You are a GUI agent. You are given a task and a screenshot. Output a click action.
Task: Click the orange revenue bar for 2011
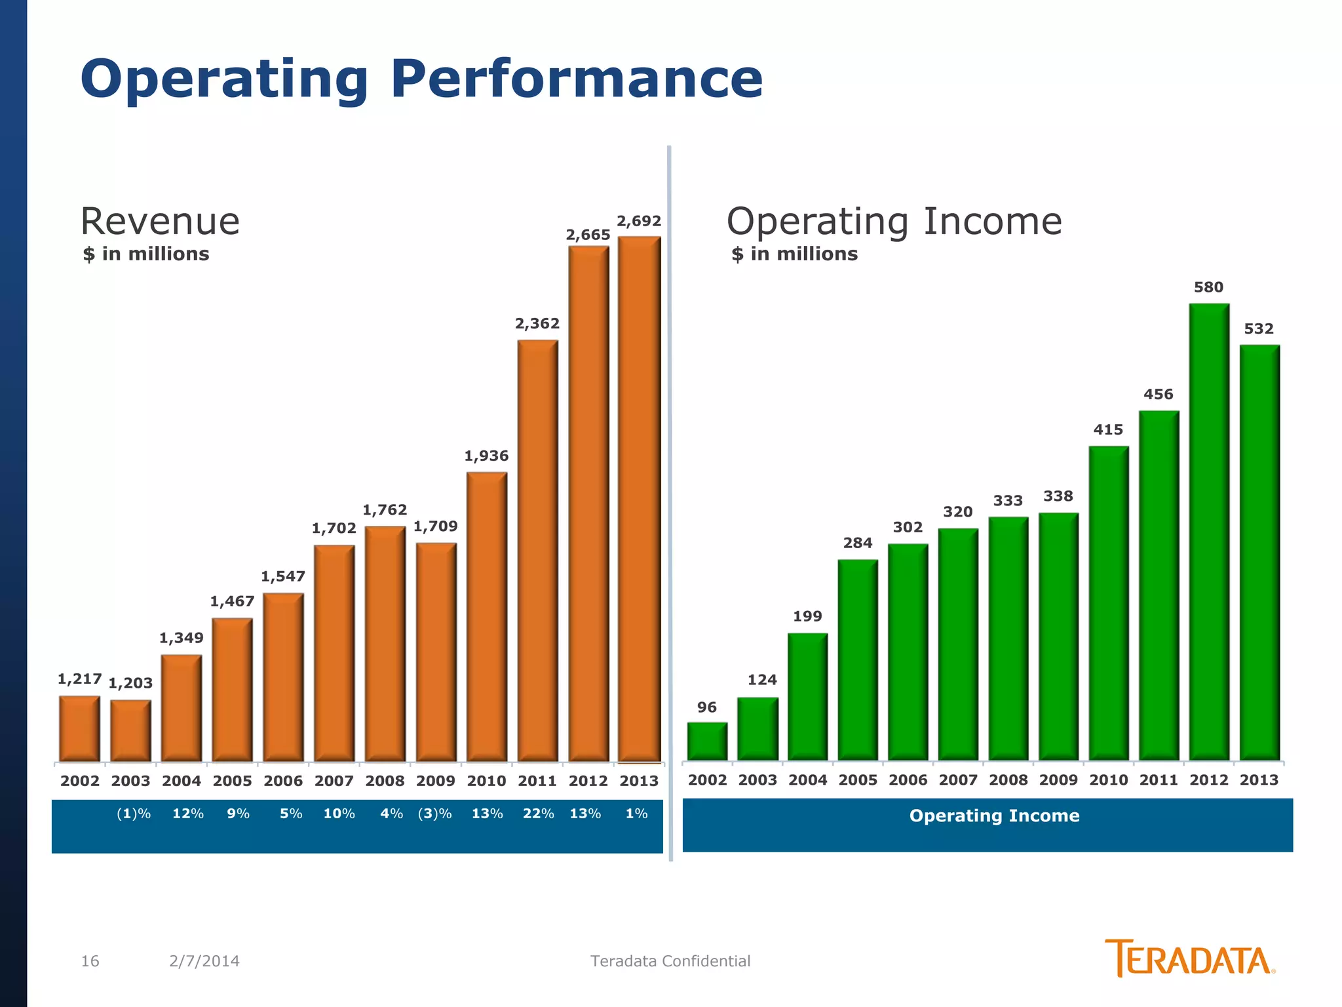tap(537, 551)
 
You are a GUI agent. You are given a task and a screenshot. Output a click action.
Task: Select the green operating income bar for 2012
tap(1209, 531)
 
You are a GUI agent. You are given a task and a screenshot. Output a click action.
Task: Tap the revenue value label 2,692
tap(639, 221)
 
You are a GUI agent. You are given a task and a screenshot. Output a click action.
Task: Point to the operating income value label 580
tap(1208, 287)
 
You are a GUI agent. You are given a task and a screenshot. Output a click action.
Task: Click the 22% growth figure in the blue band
tap(538, 814)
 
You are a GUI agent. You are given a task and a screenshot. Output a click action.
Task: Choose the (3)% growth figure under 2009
tap(435, 814)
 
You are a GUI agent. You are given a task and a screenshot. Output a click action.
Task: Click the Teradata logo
tap(1189, 958)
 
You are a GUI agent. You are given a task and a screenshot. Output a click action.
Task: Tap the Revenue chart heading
tap(160, 221)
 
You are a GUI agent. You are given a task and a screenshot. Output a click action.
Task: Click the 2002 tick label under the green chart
tap(708, 780)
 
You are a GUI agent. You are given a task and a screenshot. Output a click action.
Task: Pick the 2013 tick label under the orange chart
tap(639, 781)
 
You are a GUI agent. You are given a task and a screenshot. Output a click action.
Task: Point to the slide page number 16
tap(90, 961)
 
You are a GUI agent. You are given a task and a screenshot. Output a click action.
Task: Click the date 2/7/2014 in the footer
tap(204, 961)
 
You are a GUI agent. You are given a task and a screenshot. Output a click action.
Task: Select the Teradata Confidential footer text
tap(670, 961)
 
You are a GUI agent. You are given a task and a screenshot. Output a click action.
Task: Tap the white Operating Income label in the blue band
tap(994, 816)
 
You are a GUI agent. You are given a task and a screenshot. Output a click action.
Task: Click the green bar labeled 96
tap(707, 741)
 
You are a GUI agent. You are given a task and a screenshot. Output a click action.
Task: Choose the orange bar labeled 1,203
tap(130, 730)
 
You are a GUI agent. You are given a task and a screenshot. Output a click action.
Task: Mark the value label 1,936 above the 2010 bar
tap(486, 456)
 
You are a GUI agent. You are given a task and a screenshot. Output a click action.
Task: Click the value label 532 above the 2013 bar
tap(1259, 328)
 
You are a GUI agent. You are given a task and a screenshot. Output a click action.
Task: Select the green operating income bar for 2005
tap(858, 659)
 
